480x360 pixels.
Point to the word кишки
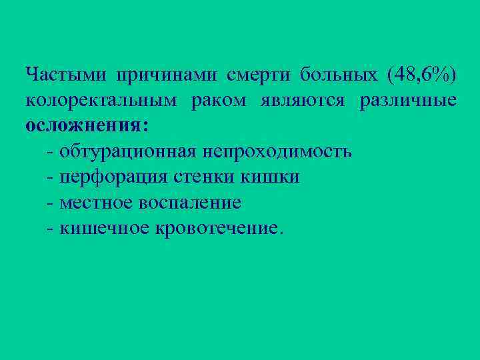273,177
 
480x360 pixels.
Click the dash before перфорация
51,177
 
